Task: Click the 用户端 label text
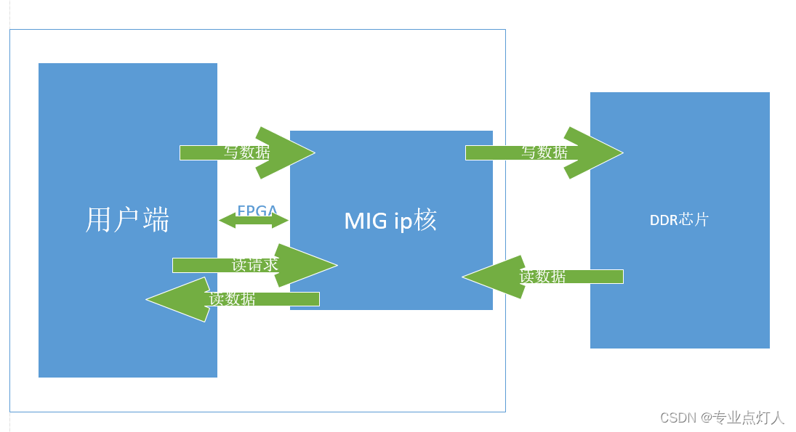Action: click(x=127, y=219)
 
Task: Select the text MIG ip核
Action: click(x=390, y=221)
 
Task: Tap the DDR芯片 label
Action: click(x=679, y=220)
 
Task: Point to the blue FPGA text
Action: click(x=257, y=211)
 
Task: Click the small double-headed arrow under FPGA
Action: click(x=254, y=220)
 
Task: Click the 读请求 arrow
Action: click(x=254, y=265)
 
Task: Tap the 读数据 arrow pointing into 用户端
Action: click(x=233, y=298)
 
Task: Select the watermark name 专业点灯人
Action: click(x=749, y=417)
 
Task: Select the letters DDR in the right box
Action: click(x=663, y=220)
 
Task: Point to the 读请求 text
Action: click(x=254, y=265)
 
